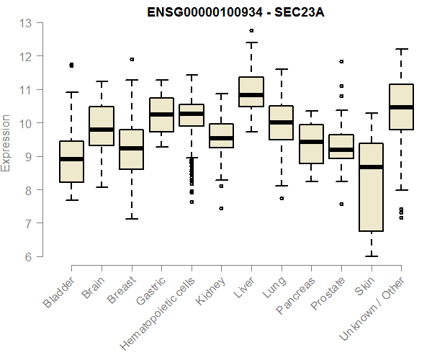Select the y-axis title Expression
tap(6, 142)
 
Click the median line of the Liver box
tap(251, 94)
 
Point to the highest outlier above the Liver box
tap(251, 31)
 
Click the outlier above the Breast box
tap(132, 59)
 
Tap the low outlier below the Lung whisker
tap(282, 198)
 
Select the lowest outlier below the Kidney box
tap(221, 208)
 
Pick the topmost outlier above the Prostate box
tap(341, 62)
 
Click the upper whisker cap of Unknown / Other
tap(401, 49)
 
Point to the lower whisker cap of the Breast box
tap(132, 218)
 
